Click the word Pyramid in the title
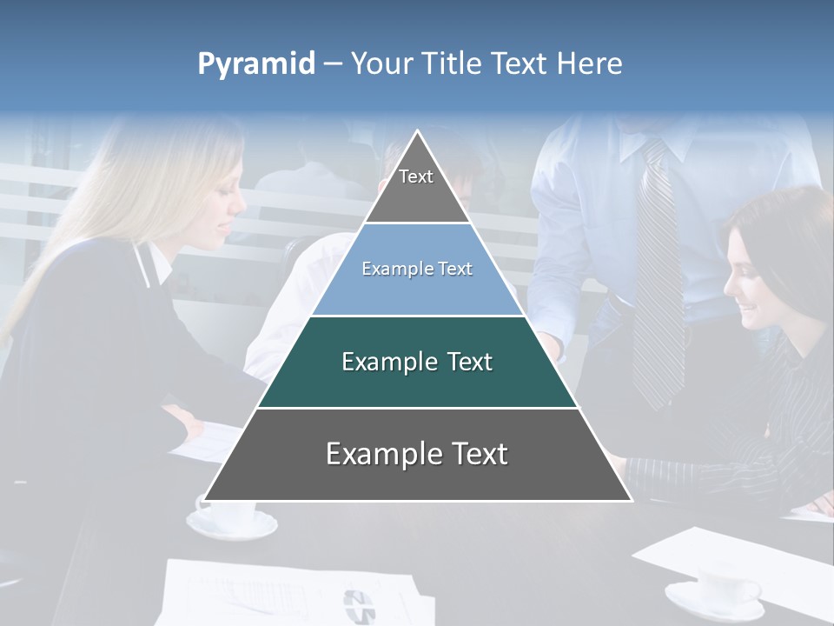[256, 64]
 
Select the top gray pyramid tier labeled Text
[417, 187]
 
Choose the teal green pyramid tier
[417, 363]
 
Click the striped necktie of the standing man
[658, 278]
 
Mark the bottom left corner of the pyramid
[205, 500]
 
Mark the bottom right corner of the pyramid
[631, 500]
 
